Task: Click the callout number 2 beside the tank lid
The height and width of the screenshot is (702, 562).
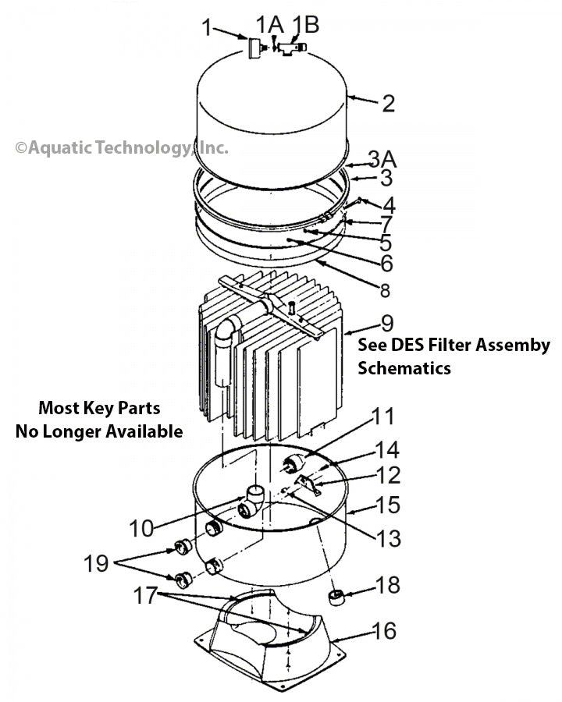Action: point(387,104)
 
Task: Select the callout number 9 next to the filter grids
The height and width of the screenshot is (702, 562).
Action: point(386,323)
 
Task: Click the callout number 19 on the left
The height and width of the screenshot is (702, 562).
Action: point(96,563)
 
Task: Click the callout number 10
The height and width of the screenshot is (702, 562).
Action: point(141,528)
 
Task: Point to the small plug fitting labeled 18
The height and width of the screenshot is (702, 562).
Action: point(337,599)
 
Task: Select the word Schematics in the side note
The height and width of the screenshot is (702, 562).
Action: point(404,368)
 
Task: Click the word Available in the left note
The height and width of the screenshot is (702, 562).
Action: point(144,431)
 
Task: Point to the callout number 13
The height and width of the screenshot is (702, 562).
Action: point(386,537)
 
